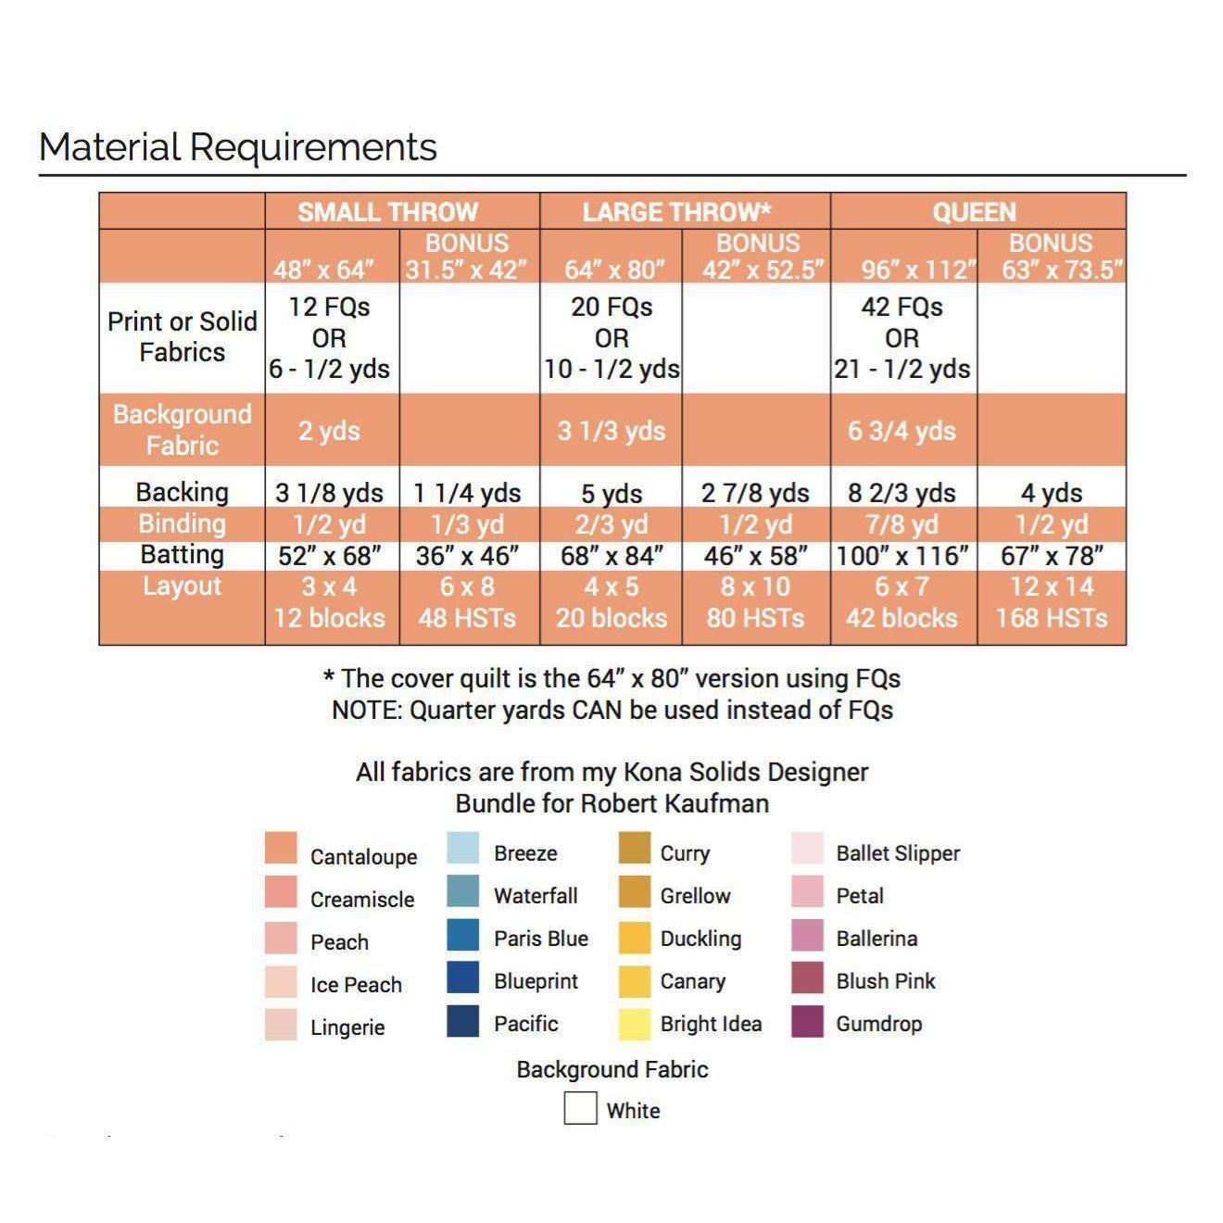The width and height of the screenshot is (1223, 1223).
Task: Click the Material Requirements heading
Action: [238, 147]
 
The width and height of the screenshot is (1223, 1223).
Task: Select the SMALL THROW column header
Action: [387, 212]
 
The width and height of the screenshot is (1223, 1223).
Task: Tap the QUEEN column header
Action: [974, 212]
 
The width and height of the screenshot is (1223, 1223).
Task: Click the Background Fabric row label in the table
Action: [182, 430]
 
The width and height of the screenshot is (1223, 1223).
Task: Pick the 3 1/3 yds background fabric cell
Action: [611, 431]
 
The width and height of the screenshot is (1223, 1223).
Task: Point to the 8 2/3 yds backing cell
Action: [901, 493]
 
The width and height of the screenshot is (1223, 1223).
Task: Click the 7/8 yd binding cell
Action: [901, 524]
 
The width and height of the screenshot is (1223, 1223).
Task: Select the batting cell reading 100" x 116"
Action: [901, 556]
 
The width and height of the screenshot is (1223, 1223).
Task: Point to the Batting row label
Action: [182, 555]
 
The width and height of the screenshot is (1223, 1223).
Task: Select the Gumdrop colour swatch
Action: [808, 1022]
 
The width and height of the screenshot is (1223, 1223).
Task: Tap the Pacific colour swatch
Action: [463, 1021]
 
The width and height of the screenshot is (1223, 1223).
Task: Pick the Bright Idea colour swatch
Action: [635, 1023]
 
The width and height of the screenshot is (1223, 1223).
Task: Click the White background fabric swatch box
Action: [580, 1108]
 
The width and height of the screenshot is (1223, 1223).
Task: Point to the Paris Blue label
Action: [541, 939]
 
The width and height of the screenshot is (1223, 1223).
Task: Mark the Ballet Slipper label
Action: [898, 853]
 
